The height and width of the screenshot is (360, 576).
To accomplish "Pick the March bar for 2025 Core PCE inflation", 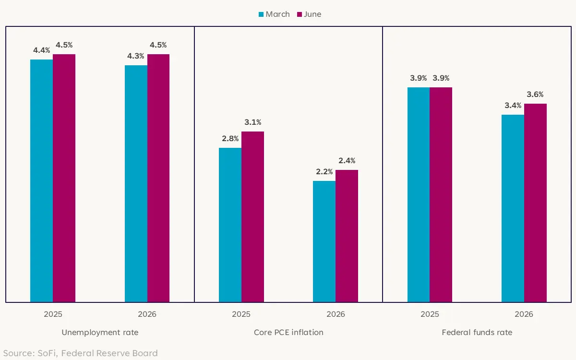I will [x=230, y=225].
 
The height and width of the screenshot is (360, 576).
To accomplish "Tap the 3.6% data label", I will [x=535, y=95].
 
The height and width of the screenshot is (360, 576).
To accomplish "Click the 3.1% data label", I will [x=252, y=122].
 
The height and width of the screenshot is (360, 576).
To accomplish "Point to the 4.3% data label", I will [x=135, y=56].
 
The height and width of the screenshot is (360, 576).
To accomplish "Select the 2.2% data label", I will [x=324, y=172].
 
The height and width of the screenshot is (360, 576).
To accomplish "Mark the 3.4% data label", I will [x=513, y=106].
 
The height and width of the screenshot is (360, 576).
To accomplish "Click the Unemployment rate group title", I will [x=100, y=332].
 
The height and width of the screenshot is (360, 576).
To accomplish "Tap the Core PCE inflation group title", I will [x=288, y=332].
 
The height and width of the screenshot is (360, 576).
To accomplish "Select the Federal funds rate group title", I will [x=477, y=332].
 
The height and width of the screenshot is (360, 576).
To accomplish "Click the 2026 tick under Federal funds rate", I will [x=524, y=315].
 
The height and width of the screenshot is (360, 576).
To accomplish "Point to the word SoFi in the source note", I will [x=48, y=354].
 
